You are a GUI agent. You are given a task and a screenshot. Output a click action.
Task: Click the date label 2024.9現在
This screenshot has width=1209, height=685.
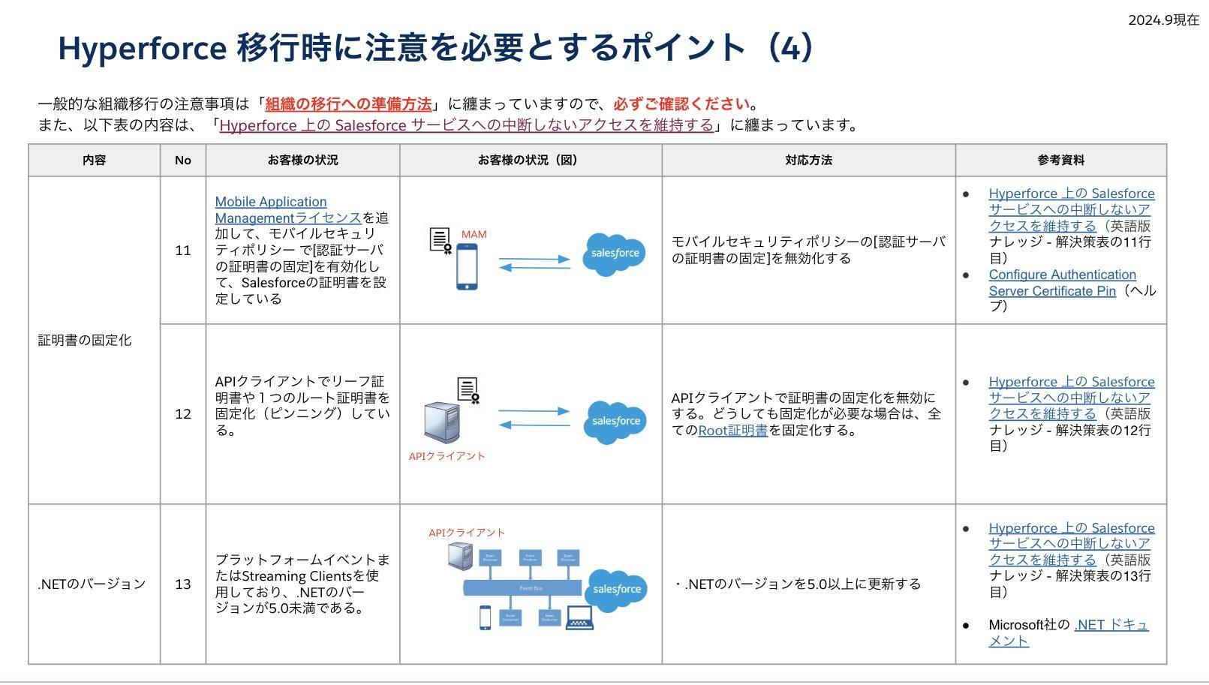pyautogui.click(x=1163, y=20)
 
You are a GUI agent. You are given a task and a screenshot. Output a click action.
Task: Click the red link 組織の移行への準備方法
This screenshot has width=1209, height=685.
pyautogui.click(x=348, y=104)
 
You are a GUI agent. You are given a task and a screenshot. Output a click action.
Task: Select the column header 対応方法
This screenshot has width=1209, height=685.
pyautogui.click(x=808, y=160)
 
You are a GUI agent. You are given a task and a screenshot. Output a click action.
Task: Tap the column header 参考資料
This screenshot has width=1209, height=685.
pyautogui.click(x=1060, y=160)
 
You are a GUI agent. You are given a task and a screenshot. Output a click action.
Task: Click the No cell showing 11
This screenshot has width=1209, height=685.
pyautogui.click(x=183, y=251)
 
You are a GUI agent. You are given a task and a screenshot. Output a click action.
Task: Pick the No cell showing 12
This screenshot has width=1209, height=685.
pyautogui.click(x=183, y=414)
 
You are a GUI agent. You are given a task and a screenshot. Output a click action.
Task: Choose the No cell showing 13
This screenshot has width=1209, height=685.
pyautogui.click(x=183, y=584)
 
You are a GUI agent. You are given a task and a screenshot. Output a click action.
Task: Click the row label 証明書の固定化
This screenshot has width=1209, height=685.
pyautogui.click(x=85, y=340)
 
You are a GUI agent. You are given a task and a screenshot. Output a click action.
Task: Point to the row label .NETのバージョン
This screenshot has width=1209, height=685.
pyautogui.click(x=92, y=584)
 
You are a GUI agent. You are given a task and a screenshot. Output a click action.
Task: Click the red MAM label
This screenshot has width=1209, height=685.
pyautogui.click(x=474, y=234)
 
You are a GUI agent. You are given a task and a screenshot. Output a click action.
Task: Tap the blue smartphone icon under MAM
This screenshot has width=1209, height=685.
pyautogui.click(x=467, y=268)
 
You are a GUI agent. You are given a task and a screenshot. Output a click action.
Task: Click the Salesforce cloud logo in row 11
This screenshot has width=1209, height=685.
pyautogui.click(x=615, y=254)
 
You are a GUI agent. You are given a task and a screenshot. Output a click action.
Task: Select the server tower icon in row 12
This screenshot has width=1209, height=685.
pyautogui.click(x=442, y=423)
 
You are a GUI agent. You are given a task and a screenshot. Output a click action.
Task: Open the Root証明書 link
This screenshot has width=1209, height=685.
pyautogui.click(x=732, y=431)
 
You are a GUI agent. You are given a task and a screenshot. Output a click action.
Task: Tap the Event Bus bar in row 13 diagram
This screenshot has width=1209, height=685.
pyautogui.click(x=522, y=587)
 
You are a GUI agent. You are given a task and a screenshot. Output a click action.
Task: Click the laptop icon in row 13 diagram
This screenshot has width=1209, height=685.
pyautogui.click(x=579, y=617)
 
